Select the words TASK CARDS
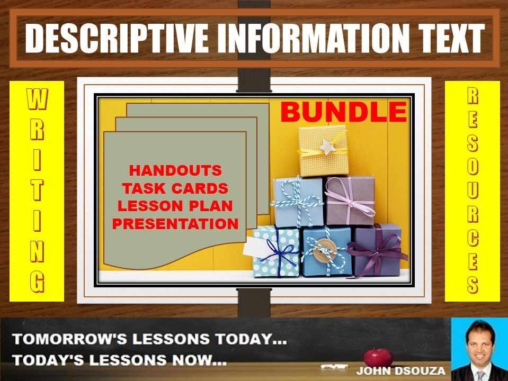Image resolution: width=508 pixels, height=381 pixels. tap(175, 188)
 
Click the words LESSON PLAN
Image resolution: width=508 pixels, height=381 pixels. tap(175, 206)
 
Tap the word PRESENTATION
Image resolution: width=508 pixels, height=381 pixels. tap(175, 224)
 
